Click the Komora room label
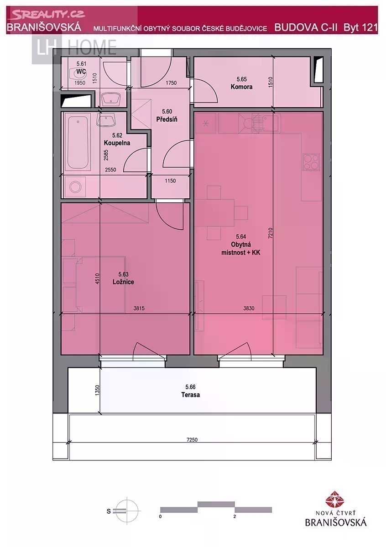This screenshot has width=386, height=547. (x=241, y=87)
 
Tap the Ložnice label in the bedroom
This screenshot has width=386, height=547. (x=123, y=282)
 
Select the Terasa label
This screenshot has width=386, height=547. (x=190, y=395)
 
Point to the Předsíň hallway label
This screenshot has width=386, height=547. (x=167, y=119)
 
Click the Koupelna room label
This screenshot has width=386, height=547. (x=117, y=143)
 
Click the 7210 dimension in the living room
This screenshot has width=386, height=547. (x=270, y=233)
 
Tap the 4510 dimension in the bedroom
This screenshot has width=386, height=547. (x=97, y=279)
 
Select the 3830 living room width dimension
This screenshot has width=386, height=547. (x=249, y=309)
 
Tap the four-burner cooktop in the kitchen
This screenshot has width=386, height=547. (x=311, y=162)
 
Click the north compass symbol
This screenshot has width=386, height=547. (x=127, y=511)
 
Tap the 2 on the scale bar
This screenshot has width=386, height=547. (x=235, y=516)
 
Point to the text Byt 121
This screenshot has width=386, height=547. (x=360, y=27)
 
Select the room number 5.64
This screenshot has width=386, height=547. (x=241, y=237)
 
